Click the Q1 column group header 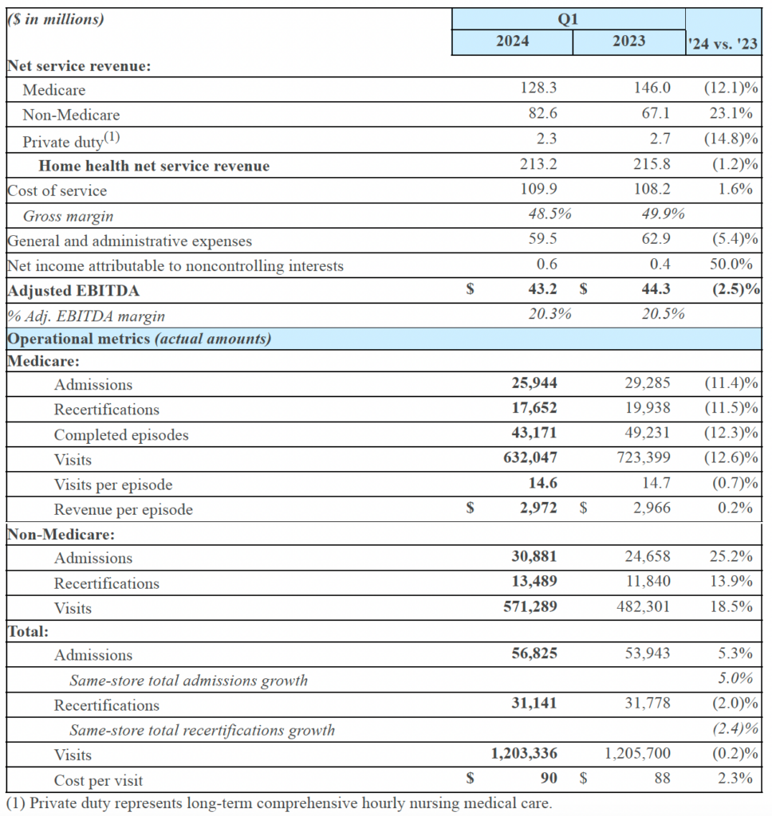[x=568, y=19]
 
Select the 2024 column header [x=512, y=41]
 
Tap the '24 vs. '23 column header [x=723, y=45]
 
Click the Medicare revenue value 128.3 [x=538, y=90]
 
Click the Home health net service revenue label [x=154, y=166]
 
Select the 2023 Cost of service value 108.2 [x=652, y=190]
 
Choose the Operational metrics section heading [x=139, y=339]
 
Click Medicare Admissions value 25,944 [x=534, y=384]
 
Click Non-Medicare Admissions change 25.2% [x=731, y=558]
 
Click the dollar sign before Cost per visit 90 [x=470, y=779]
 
